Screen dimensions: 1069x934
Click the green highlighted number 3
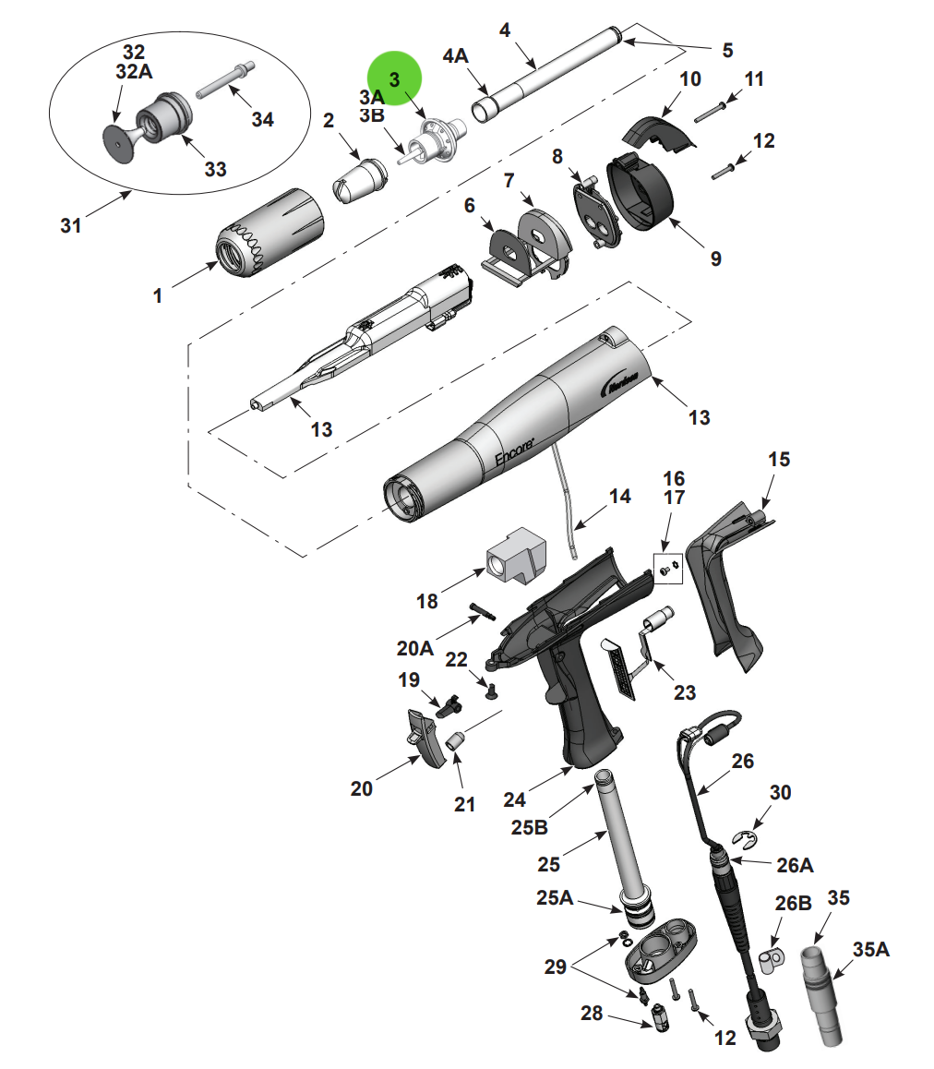click(x=394, y=78)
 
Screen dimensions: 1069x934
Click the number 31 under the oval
click(x=71, y=224)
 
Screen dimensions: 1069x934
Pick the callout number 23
click(x=684, y=692)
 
